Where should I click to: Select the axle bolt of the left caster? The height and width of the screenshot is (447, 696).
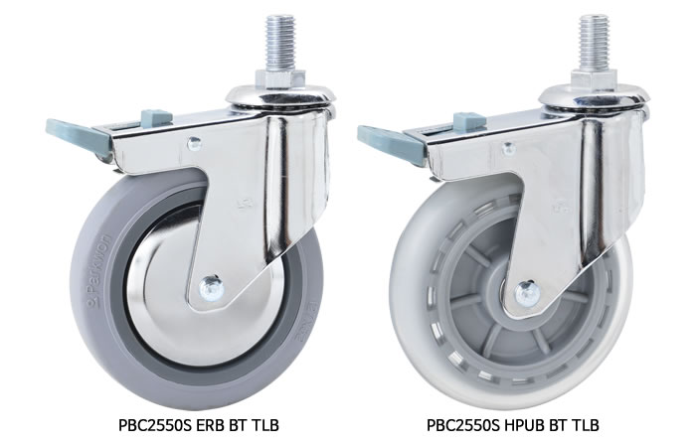pos(211,288)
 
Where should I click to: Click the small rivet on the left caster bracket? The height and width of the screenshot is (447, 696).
pos(194,143)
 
